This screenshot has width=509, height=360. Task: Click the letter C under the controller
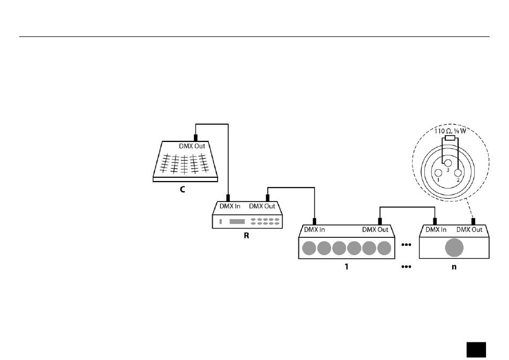182,190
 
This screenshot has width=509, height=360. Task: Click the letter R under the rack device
247,236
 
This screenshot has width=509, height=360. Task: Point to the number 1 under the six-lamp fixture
347,266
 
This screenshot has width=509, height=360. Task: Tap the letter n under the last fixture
454,266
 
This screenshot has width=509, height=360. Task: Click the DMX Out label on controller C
191,146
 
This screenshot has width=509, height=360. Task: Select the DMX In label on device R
230,206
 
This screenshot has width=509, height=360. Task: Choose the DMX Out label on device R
263,206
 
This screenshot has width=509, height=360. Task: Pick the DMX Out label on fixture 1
376,230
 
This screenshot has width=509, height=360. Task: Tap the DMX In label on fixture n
436,230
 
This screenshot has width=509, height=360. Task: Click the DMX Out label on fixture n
469,230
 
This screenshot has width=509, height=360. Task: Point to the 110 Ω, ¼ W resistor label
450,131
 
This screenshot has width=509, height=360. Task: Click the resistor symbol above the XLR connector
450,138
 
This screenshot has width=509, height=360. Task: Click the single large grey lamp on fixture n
454,248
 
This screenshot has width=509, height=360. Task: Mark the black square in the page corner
476,349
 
